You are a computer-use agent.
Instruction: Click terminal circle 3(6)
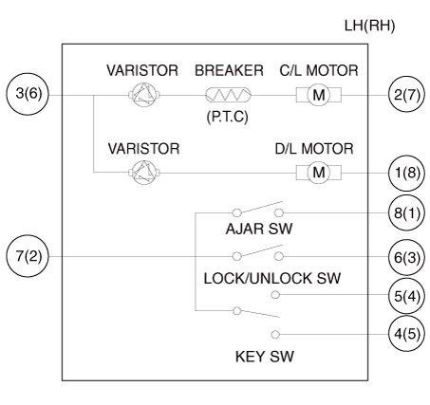(x=28, y=94)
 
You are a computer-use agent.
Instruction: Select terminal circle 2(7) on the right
(x=407, y=95)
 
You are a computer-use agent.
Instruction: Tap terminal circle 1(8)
(x=407, y=173)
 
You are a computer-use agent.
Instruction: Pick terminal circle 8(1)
(x=407, y=212)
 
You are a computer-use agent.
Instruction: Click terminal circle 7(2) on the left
(x=28, y=256)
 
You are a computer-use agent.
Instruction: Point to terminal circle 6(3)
(x=407, y=257)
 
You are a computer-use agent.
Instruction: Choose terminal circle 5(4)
(x=407, y=296)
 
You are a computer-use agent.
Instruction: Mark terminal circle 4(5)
(x=407, y=334)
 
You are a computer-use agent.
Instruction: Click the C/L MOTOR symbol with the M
(x=319, y=95)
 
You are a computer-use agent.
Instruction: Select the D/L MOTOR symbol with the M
(x=319, y=173)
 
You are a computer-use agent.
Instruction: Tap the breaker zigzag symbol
(x=228, y=95)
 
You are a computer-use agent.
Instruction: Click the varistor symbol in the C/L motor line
(x=144, y=95)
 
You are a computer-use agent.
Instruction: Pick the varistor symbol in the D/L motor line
(x=144, y=173)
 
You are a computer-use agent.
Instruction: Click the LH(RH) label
(x=369, y=26)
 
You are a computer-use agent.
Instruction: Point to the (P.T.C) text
(x=227, y=117)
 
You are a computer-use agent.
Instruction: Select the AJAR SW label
(x=259, y=229)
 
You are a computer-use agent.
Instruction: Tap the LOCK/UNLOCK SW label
(x=272, y=279)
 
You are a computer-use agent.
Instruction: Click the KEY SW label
(x=265, y=357)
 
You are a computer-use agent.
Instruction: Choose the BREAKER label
(x=229, y=70)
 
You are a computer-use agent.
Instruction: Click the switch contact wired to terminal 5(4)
(x=275, y=295)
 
